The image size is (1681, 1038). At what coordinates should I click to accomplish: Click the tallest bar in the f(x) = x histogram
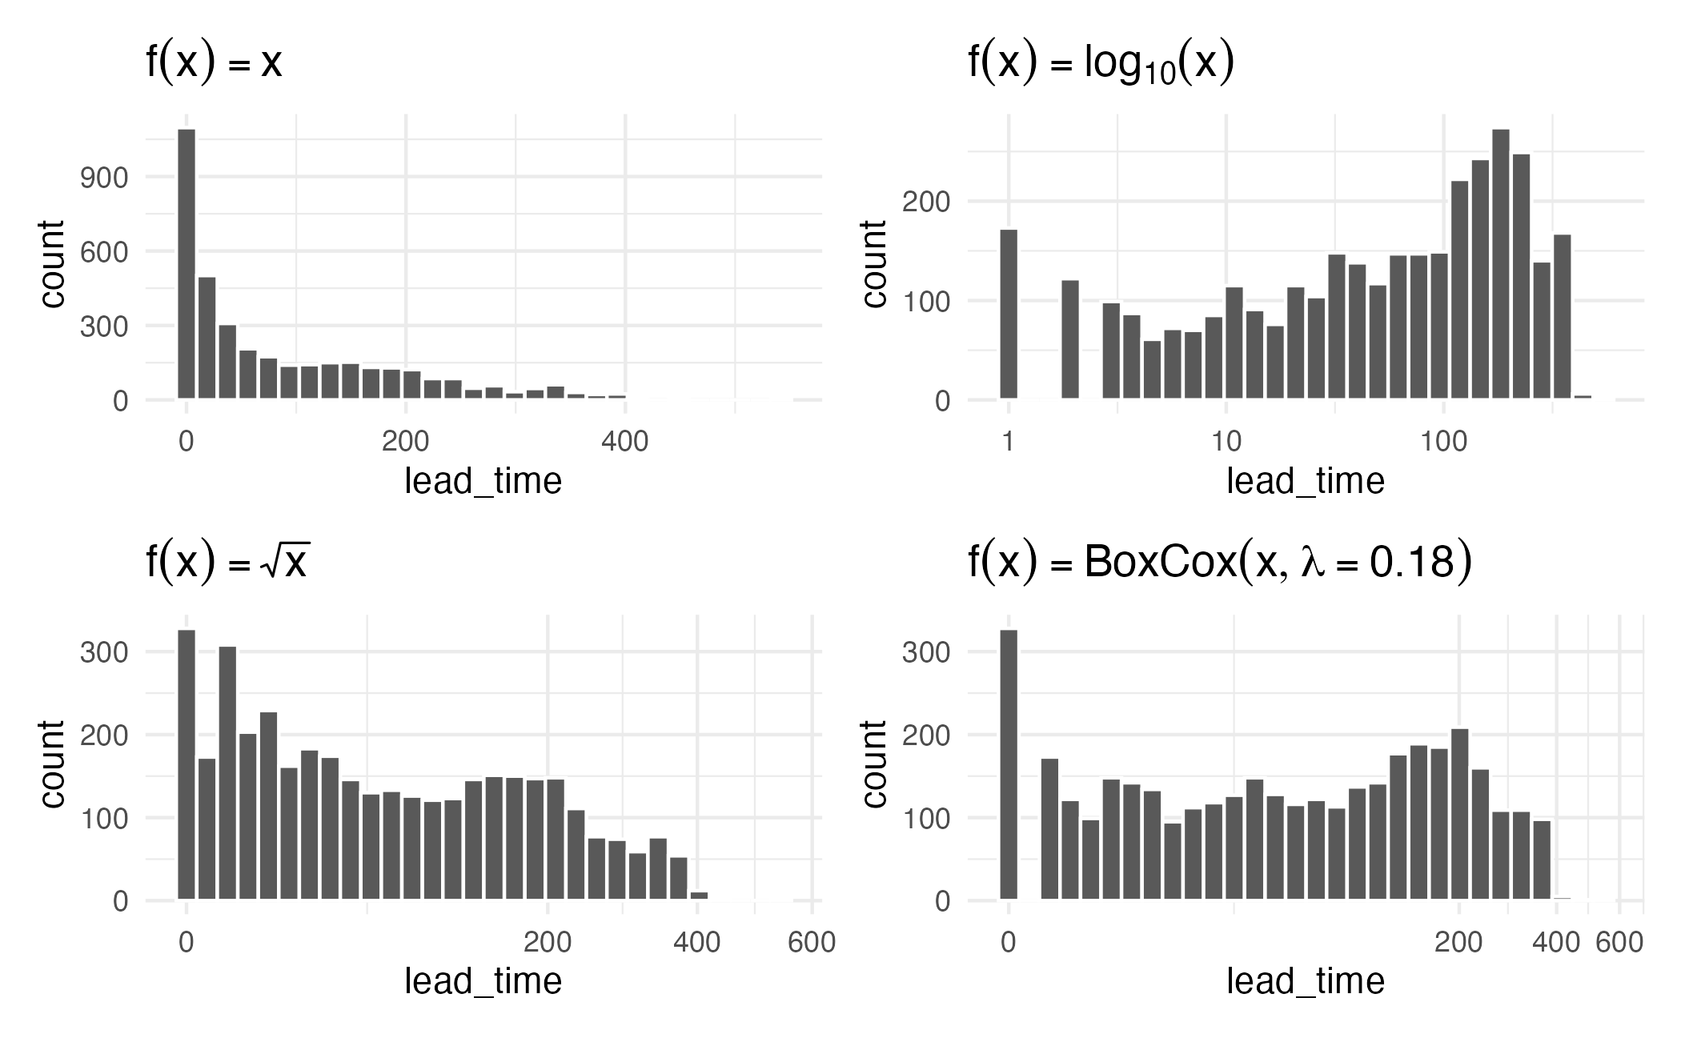click(x=187, y=264)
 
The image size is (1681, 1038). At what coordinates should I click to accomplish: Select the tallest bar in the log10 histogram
click(x=1501, y=264)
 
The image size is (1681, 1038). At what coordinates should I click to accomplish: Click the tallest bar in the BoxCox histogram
click(x=1009, y=764)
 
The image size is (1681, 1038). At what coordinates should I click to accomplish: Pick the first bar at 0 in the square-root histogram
click(x=187, y=764)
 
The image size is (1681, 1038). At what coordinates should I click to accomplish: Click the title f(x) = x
click(x=214, y=62)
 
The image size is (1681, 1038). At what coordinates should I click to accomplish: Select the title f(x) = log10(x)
click(x=1101, y=62)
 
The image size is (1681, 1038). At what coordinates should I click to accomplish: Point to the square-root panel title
click(x=227, y=562)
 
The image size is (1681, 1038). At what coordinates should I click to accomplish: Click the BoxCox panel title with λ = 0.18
click(x=1219, y=562)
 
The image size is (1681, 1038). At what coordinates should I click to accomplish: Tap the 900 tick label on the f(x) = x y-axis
click(x=104, y=178)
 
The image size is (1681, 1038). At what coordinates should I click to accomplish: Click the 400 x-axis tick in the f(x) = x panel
click(x=624, y=441)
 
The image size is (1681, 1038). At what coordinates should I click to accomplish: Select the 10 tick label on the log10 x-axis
click(x=1226, y=441)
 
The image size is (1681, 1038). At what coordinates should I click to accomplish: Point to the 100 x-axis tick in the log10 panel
click(x=1444, y=441)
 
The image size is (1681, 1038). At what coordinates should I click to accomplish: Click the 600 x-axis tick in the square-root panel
click(x=812, y=942)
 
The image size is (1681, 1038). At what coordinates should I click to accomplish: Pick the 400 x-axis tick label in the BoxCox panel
click(x=1555, y=942)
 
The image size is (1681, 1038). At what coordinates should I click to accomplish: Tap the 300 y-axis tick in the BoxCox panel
click(x=926, y=652)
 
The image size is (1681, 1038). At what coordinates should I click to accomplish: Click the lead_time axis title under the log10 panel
click(x=1306, y=482)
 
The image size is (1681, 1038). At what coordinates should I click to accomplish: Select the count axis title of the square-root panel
click(x=53, y=764)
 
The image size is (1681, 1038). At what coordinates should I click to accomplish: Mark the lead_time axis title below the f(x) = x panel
click(x=483, y=482)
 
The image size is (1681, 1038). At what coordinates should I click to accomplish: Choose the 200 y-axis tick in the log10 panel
click(x=926, y=202)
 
